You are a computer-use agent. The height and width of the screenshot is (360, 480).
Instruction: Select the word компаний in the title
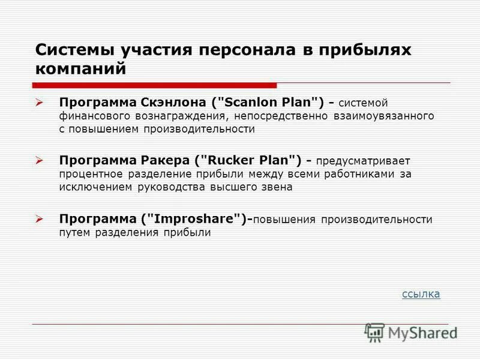coord(81,68)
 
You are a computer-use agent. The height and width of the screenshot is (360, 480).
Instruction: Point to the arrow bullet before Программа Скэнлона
coord(40,103)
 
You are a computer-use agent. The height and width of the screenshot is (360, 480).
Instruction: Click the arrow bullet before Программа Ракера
coord(40,161)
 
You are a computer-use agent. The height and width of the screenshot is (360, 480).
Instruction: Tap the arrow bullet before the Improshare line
coord(40,219)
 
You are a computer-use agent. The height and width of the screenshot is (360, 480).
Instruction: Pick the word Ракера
coord(160,160)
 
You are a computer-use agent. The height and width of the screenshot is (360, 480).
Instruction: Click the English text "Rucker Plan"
coord(253,160)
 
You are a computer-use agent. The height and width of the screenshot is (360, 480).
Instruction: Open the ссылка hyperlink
coord(421,293)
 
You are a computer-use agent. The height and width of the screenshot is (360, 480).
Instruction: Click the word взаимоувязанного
coord(385,115)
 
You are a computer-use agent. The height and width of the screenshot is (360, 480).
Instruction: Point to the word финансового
coord(91,115)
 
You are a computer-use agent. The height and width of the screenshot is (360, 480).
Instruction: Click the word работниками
coord(361,173)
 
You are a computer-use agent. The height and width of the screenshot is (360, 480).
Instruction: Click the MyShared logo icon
coord(374,332)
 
